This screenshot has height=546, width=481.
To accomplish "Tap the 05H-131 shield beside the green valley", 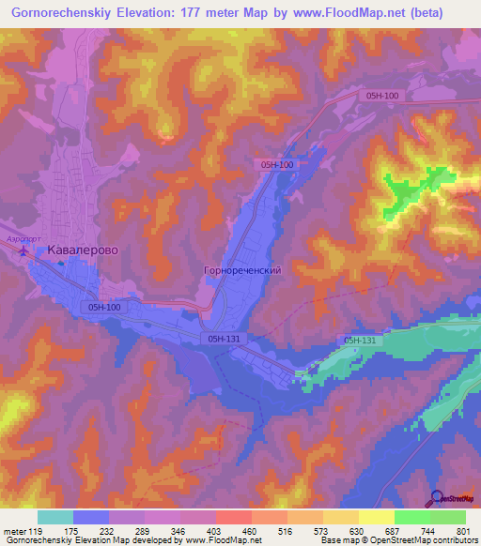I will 362,340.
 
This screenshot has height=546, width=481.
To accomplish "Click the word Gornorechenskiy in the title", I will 67,12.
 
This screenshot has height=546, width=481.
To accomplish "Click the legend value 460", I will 249,531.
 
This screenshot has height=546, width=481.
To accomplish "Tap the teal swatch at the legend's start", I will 55,517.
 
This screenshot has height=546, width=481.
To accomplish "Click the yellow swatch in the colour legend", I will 376,517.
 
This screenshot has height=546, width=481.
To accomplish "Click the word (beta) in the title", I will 445,12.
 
